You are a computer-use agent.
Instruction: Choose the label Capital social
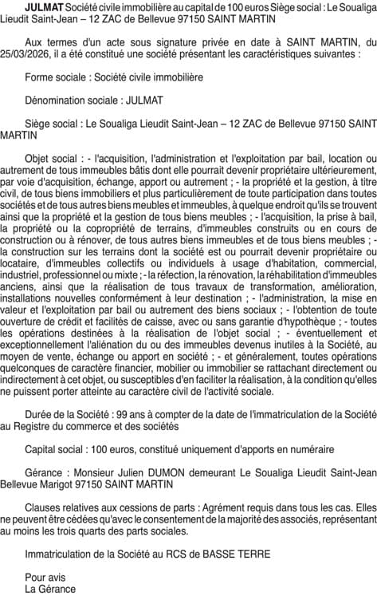(x=57, y=449)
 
